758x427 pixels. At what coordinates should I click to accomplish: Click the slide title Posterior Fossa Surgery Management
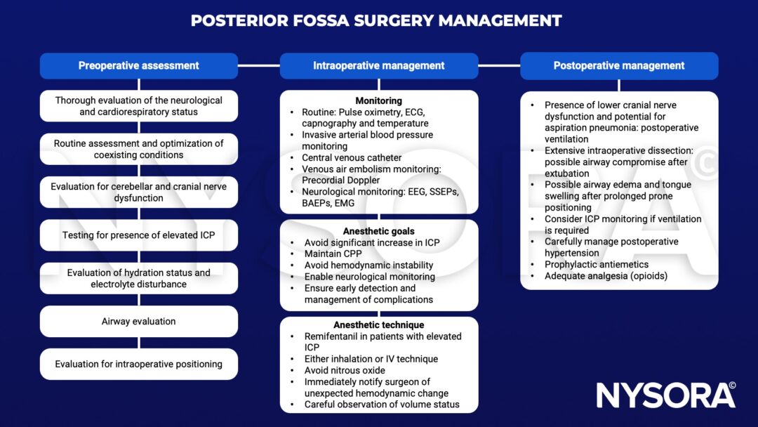(376, 20)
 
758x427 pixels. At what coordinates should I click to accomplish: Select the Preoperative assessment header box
(138, 65)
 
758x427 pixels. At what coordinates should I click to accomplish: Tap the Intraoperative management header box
(379, 65)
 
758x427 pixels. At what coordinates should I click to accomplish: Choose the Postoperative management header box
(619, 65)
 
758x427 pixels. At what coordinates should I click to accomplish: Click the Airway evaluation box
(138, 322)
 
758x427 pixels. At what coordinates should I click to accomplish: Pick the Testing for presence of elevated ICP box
(138, 235)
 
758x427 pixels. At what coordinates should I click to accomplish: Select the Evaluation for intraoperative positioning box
(138, 364)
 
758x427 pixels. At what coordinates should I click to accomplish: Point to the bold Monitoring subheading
(379, 101)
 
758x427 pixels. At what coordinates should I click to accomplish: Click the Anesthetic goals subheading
(379, 231)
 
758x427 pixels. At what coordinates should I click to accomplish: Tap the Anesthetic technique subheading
(379, 325)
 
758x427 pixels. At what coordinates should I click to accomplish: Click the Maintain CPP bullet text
(332, 254)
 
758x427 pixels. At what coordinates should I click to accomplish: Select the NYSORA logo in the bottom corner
(665, 395)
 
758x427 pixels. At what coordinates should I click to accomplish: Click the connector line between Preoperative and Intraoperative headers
(258, 65)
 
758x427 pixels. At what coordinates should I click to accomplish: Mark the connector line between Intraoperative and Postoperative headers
(499, 65)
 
